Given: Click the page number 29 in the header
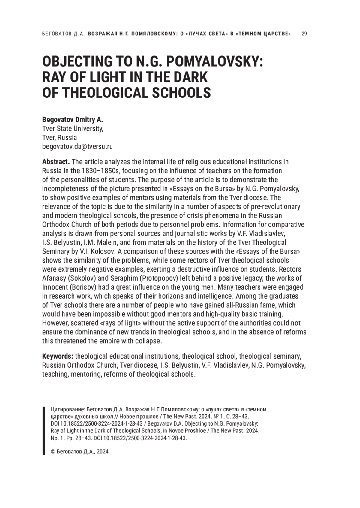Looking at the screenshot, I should (304, 34).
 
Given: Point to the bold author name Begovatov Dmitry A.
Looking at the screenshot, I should (73, 120).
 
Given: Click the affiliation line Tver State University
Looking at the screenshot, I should (73, 129).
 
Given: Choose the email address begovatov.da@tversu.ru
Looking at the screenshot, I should (77, 147).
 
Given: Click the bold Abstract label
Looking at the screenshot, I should (56, 162).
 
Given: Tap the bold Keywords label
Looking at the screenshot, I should (58, 356).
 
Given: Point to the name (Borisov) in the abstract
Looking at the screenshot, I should (83, 287).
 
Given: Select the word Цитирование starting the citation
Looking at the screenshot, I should (67, 410).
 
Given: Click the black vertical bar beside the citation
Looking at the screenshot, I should (44, 431).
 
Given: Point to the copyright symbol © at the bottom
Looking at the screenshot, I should (53, 452).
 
